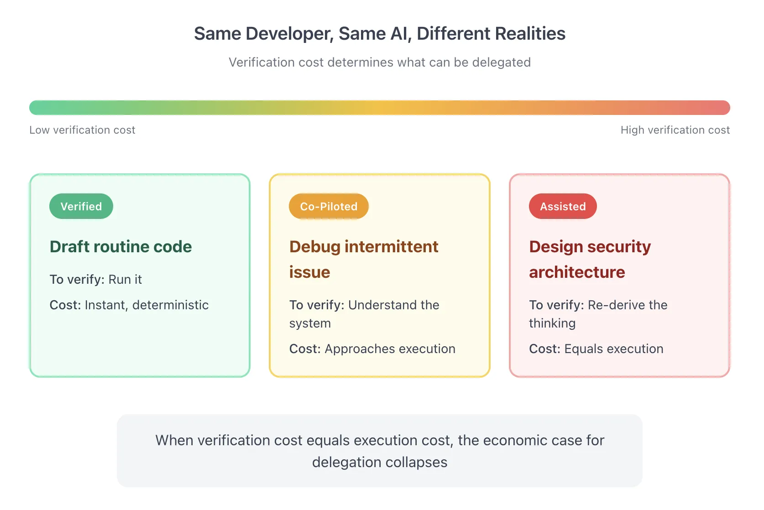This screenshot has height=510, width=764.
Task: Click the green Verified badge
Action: click(x=81, y=206)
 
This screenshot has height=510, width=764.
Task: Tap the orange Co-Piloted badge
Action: click(x=329, y=206)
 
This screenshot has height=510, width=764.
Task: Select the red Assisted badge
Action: click(x=563, y=206)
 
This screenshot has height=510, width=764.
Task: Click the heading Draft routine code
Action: click(x=120, y=247)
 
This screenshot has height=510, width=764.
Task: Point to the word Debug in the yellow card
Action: click(x=315, y=247)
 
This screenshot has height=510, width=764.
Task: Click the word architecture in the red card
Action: click(x=577, y=272)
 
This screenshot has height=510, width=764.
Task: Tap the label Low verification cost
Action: click(x=82, y=130)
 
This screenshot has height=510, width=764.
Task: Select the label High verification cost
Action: click(x=675, y=130)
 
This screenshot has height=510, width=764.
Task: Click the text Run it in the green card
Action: click(x=125, y=279)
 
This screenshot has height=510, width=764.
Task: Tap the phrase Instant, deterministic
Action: click(x=147, y=305)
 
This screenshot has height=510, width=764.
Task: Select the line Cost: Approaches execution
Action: click(x=372, y=349)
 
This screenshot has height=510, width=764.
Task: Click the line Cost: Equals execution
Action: click(x=596, y=349)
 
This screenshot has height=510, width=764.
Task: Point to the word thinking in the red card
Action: click(x=552, y=323)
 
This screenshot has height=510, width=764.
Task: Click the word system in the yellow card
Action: click(x=310, y=323)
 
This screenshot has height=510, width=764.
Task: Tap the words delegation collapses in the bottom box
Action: click(x=379, y=462)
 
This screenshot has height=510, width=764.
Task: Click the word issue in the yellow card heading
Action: click(x=309, y=272)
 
